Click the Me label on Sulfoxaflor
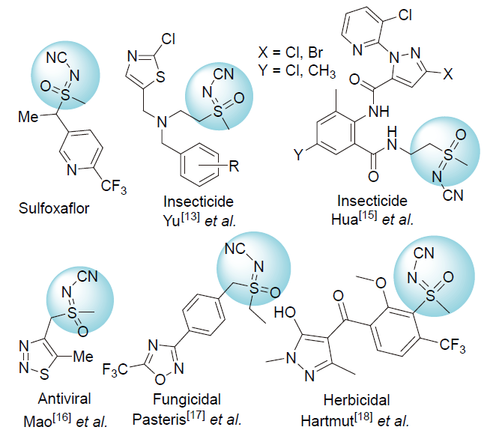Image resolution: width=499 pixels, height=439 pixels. click(x=26, y=117)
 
